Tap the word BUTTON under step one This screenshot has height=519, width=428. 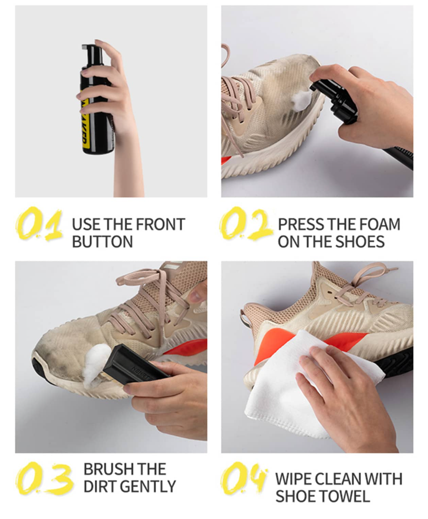(x=102, y=241)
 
